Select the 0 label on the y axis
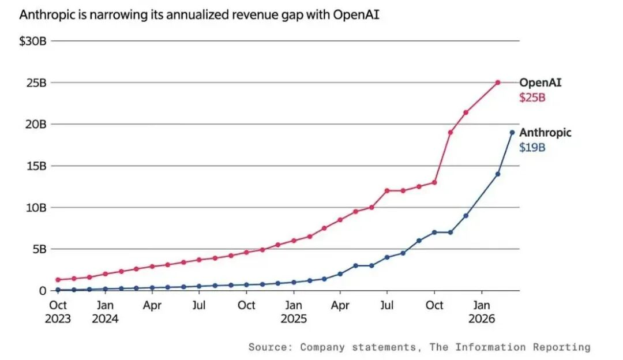[42, 291]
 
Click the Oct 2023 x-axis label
[58, 312]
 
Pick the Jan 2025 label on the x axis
[294, 312]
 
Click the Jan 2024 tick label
[104, 312]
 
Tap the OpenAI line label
[540, 82]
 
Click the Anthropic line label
[545, 133]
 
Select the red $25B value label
[532, 97]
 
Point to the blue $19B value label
[532, 148]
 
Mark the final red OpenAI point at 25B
[497, 82]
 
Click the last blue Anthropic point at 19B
[512, 133]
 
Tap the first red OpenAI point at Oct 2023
[58, 280]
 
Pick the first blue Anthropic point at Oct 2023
[58, 290]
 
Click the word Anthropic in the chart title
[45, 14]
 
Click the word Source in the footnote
[270, 347]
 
